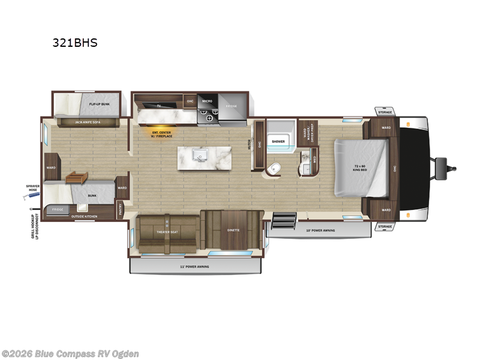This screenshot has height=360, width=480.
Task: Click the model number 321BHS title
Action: coord(76,43)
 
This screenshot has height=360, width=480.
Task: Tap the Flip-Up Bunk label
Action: coord(99,104)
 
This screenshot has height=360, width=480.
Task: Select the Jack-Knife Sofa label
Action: coord(87,122)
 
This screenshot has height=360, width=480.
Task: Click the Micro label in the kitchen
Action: coord(207,101)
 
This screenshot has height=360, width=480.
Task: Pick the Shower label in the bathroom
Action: coord(278,142)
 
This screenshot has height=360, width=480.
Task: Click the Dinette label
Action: coord(233,230)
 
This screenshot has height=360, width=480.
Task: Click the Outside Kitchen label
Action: coord(83,215)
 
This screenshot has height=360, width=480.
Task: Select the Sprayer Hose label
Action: coord(32,187)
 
